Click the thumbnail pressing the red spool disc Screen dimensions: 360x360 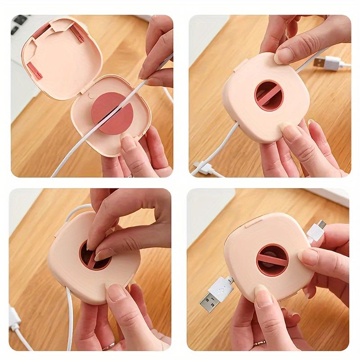click(128, 144)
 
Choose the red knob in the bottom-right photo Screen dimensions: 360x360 click(272, 260)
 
